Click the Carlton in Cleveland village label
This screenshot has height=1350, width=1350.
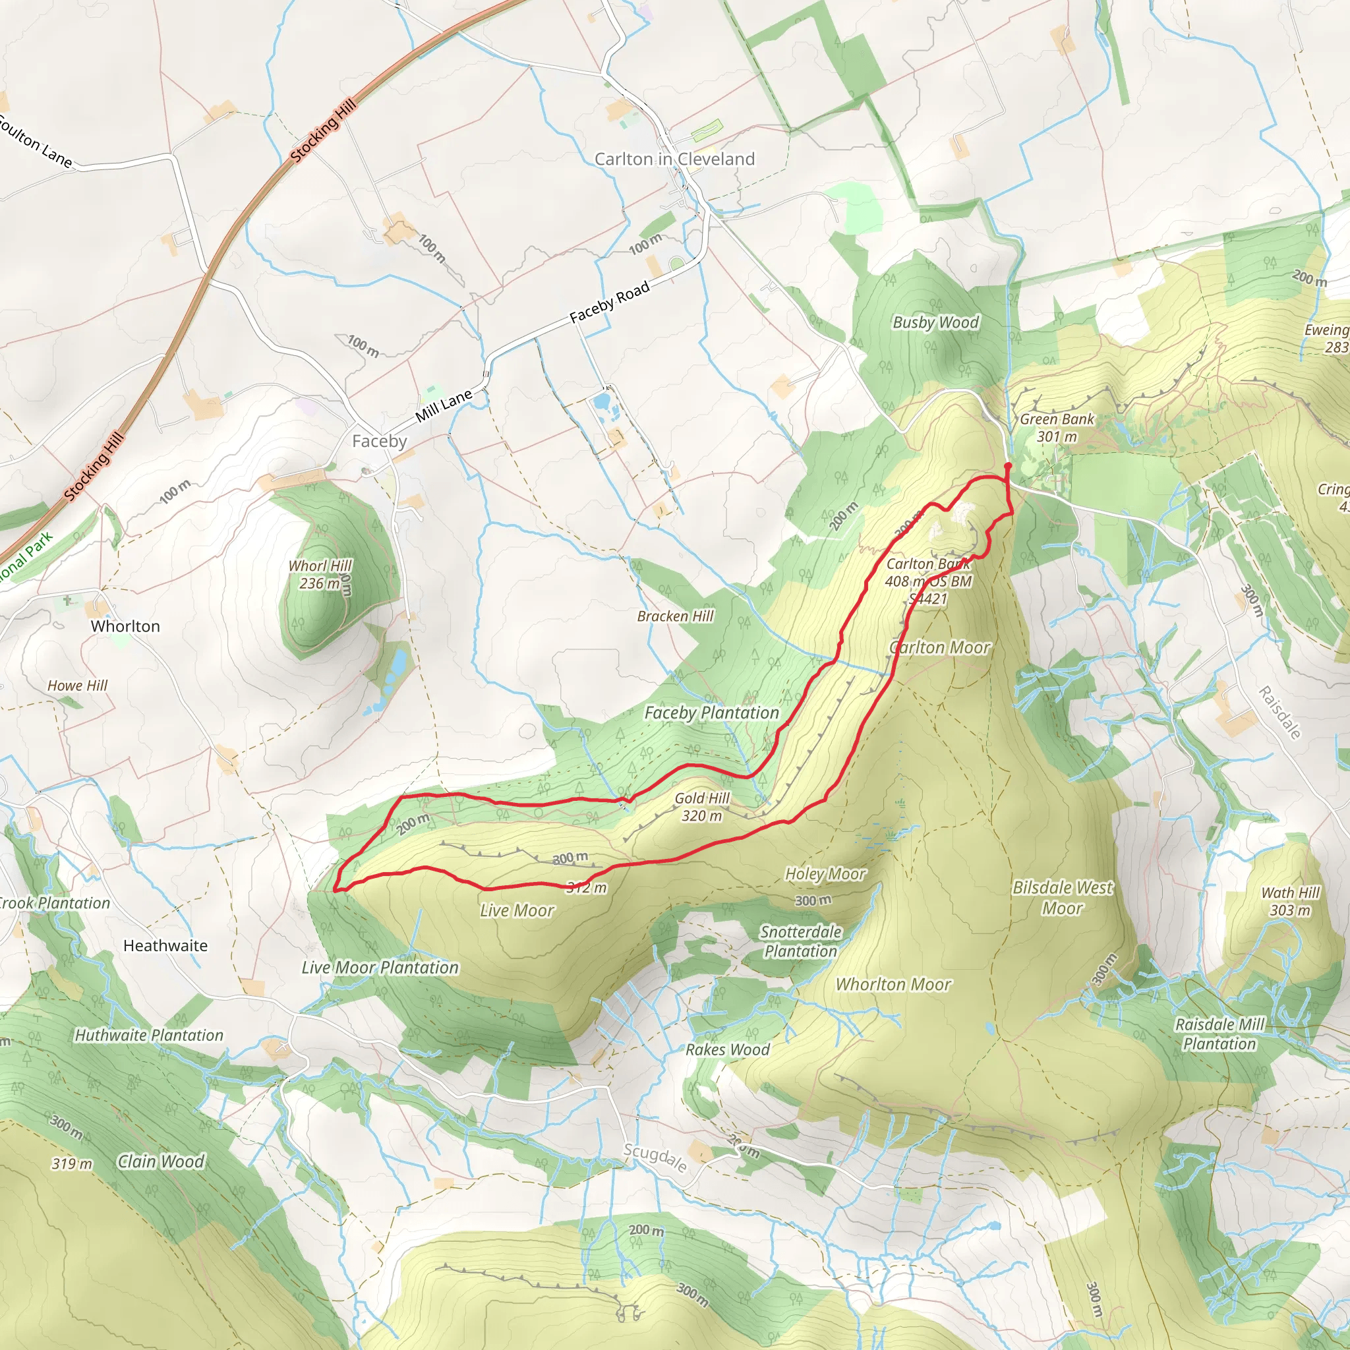point(674,160)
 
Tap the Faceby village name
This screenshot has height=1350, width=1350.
point(379,441)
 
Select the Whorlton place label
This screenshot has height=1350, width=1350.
point(125,626)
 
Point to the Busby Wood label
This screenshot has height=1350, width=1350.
point(935,322)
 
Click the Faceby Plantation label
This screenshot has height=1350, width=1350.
point(711,713)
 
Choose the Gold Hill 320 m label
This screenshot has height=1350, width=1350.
point(701,807)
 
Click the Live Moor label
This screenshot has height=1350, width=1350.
point(517,910)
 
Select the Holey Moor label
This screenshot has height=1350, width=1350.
point(825,873)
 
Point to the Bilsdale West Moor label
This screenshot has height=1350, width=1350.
point(1062,897)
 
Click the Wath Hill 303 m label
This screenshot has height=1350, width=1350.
point(1290,901)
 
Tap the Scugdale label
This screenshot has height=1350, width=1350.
point(655,1158)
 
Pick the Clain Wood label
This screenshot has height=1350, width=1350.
point(161,1161)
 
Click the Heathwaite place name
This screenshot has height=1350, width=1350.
point(165,945)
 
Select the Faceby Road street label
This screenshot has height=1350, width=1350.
point(609,301)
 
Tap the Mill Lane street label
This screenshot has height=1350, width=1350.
point(444,406)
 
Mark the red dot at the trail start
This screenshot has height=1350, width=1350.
point(1008,465)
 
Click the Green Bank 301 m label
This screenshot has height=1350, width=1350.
point(1057,428)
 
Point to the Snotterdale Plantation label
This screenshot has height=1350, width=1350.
point(801,941)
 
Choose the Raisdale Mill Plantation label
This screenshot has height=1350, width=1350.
point(1219,1034)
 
